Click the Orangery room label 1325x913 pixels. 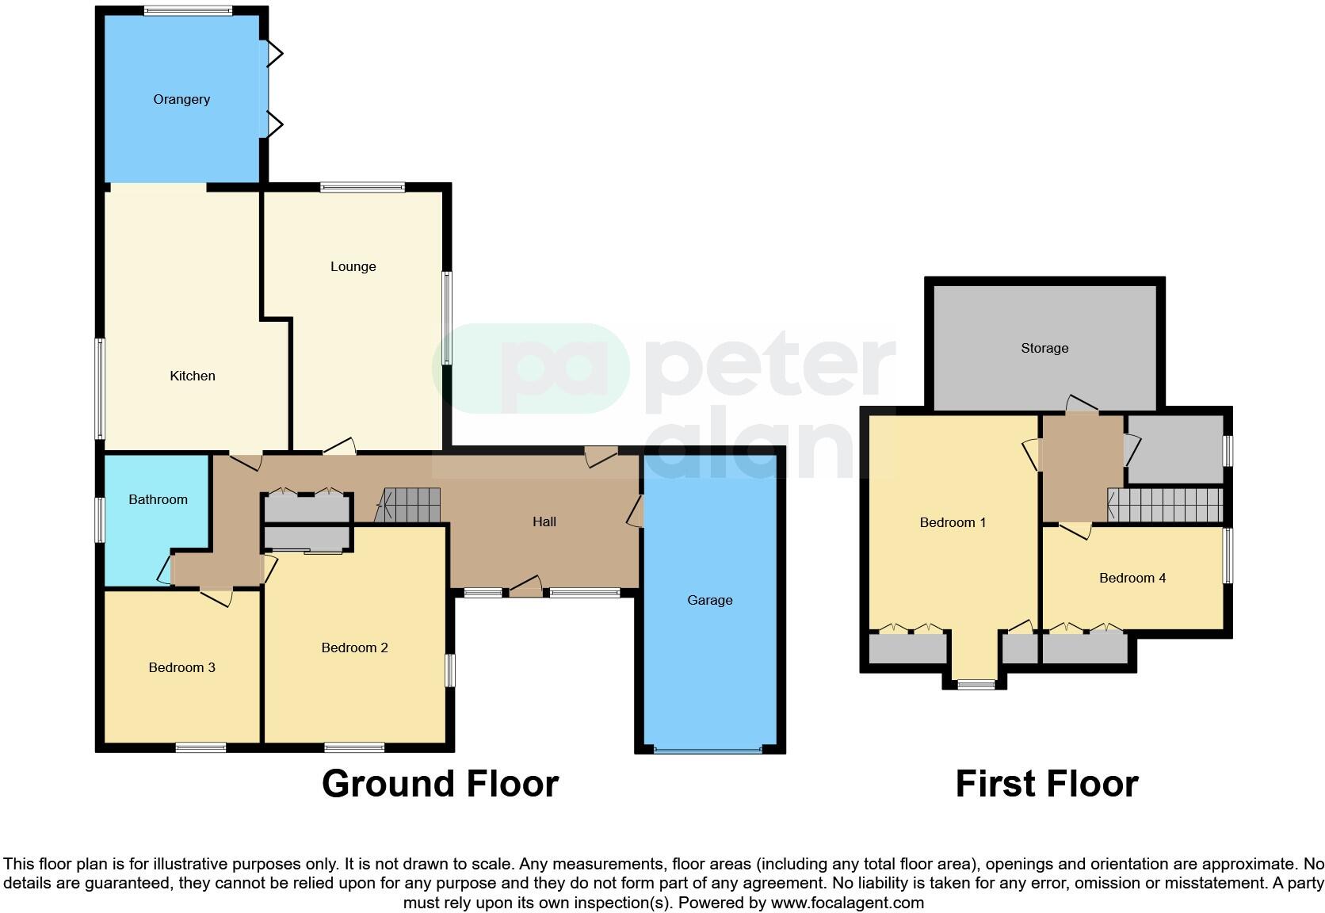pyautogui.click(x=181, y=99)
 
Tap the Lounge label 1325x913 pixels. pyautogui.click(x=353, y=266)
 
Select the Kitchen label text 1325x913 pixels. pyautogui.click(x=193, y=376)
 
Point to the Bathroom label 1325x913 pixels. pyautogui.click(x=158, y=499)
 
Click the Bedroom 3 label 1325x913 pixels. pyautogui.click(x=181, y=667)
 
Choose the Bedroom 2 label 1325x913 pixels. pyautogui.click(x=354, y=648)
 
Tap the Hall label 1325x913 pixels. pyautogui.click(x=544, y=521)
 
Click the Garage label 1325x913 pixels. pyautogui.click(x=709, y=600)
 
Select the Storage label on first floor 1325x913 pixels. pyautogui.click(x=1044, y=348)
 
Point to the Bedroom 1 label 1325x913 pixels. pyautogui.click(x=953, y=522)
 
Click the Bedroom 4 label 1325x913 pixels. pyautogui.click(x=1132, y=578)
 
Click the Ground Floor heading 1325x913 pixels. pyautogui.click(x=440, y=783)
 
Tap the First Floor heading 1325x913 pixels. pyautogui.click(x=1046, y=783)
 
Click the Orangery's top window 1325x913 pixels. pyautogui.click(x=188, y=11)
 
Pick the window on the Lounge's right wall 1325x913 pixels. pyautogui.click(x=447, y=318)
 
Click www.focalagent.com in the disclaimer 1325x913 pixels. pyautogui.click(x=847, y=903)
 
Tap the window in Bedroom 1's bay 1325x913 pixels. pyautogui.click(x=976, y=684)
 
